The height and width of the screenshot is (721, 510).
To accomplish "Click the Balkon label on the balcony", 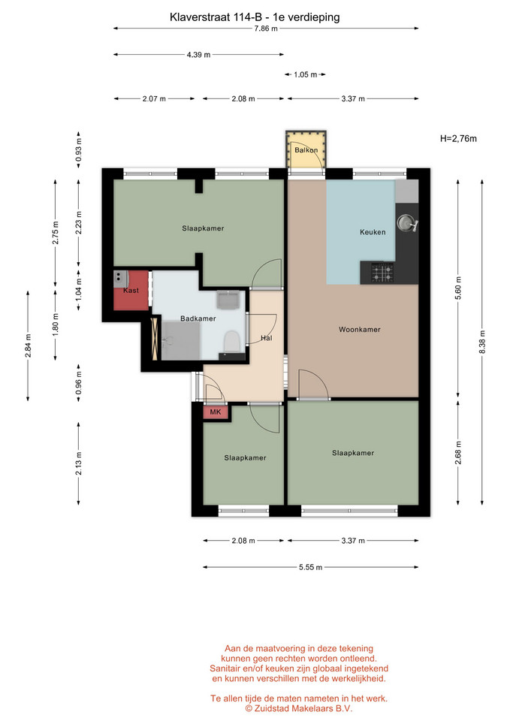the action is pyautogui.click(x=306, y=150).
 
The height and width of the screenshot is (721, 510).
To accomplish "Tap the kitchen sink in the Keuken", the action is pyautogui.click(x=407, y=223).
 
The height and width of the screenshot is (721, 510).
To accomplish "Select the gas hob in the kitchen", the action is pyautogui.click(x=382, y=272).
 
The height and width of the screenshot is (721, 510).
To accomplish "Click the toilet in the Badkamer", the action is pyautogui.click(x=231, y=341).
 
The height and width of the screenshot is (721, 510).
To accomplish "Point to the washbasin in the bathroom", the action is pyautogui.click(x=228, y=300).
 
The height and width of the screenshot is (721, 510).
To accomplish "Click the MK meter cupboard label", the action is pyautogui.click(x=216, y=412).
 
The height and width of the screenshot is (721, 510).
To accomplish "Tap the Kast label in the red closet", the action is pyautogui.click(x=131, y=290).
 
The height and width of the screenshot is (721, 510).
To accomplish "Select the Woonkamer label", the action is pyautogui.click(x=360, y=329).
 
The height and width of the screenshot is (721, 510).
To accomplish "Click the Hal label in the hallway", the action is pyautogui.click(x=267, y=338).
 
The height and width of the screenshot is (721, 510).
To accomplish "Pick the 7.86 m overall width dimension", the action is pyautogui.click(x=266, y=29).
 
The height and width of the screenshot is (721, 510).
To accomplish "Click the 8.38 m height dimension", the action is pyautogui.click(x=482, y=342).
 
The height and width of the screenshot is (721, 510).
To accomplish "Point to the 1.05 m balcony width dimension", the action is pyautogui.click(x=306, y=74).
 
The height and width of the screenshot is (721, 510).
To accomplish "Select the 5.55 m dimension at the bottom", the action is pyautogui.click(x=310, y=567).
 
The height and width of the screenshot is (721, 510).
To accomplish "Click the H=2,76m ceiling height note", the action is pyautogui.click(x=458, y=138).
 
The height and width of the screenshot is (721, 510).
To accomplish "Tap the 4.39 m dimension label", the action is pyautogui.click(x=198, y=55).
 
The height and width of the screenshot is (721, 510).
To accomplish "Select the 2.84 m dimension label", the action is pyautogui.click(x=28, y=345).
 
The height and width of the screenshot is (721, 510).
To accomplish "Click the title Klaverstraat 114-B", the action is pyautogui.click(x=216, y=17).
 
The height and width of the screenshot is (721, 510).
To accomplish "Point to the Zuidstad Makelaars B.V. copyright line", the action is pyautogui.click(x=298, y=708).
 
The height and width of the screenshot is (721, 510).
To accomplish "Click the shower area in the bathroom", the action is pyautogui.click(x=181, y=341).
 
